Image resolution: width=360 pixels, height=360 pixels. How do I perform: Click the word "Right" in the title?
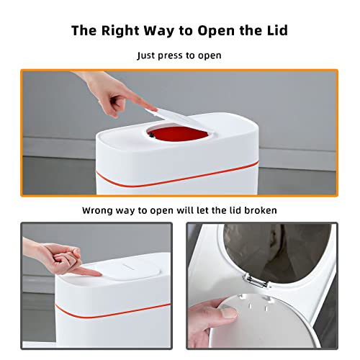[120, 31]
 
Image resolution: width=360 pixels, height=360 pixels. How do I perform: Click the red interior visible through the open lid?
[178, 135]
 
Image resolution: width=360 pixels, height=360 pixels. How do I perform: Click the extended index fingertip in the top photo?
[153, 109]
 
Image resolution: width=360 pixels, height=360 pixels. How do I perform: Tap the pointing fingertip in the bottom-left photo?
[97, 273]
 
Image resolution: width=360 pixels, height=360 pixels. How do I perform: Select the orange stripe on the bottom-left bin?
[113, 312]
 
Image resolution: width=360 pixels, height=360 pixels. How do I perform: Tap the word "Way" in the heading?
[159, 31]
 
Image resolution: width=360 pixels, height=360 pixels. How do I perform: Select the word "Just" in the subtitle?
[145, 55]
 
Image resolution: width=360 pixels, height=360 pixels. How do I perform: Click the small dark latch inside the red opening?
[151, 135]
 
